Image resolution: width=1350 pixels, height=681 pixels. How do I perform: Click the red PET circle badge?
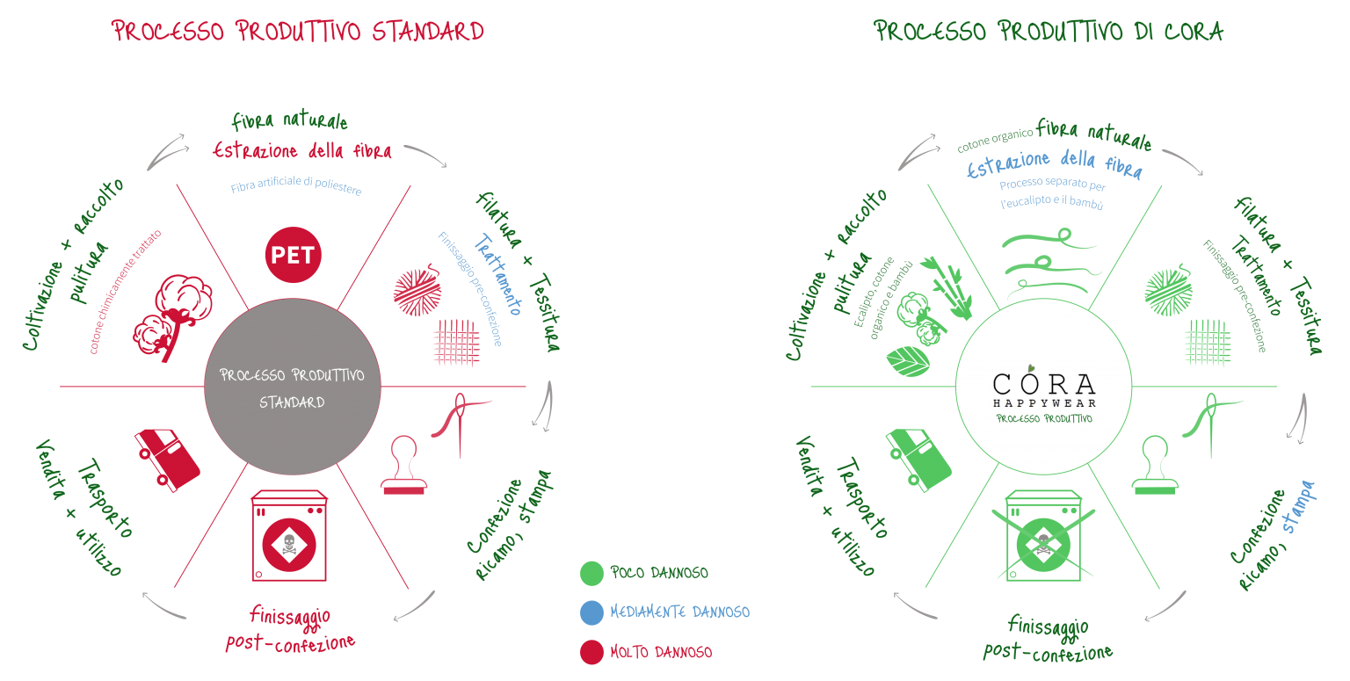click(293, 255)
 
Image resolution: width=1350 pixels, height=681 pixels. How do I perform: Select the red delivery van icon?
click(167, 460)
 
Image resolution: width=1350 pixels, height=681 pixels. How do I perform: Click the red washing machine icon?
click(289, 536)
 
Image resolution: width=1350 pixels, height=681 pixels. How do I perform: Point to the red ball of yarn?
click(417, 291)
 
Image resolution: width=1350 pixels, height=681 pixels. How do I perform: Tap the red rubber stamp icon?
click(403, 465)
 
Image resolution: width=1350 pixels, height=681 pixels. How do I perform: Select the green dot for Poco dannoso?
click(592, 573)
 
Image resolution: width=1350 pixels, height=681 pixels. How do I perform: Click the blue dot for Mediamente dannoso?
click(592, 612)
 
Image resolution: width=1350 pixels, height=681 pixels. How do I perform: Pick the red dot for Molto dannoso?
click(592, 652)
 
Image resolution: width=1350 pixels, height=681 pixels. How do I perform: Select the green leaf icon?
click(908, 361)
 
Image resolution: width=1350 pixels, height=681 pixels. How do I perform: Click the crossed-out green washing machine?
click(1043, 536)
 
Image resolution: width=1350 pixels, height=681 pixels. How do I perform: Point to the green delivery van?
click(918, 460)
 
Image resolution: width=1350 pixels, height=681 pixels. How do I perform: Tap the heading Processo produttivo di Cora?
click(1049, 31)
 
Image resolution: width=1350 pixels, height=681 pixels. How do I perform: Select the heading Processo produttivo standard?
click(298, 31)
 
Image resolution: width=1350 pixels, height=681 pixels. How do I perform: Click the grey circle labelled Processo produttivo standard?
click(293, 387)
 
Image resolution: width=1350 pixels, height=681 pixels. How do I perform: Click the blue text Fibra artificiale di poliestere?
click(296, 185)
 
